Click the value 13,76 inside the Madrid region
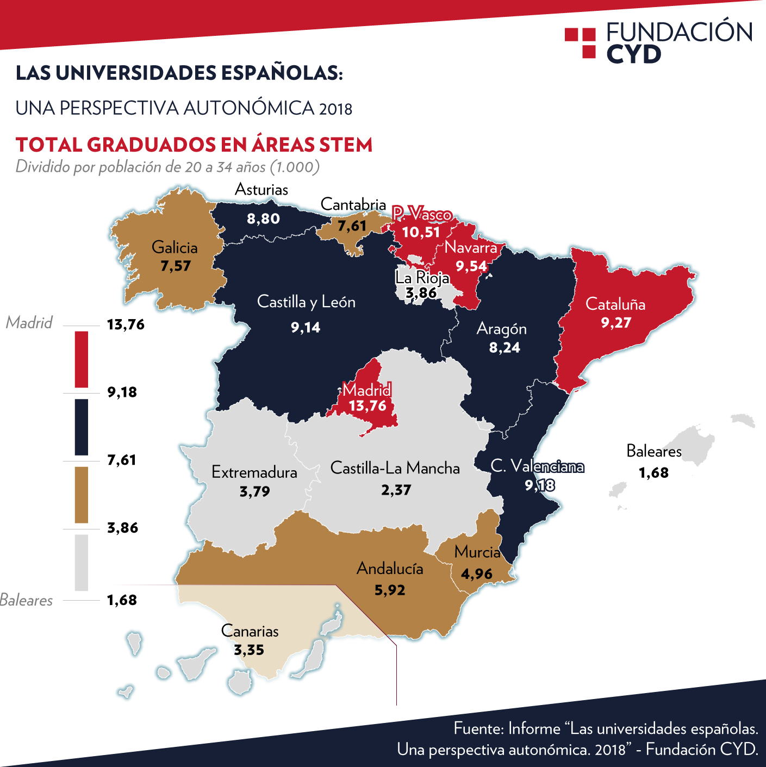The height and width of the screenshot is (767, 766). (368, 406)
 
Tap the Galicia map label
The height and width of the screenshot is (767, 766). (175, 248)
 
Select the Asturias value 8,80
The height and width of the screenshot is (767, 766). (263, 219)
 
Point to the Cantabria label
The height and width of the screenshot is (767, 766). (353, 204)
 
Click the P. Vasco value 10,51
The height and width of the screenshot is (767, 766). (420, 233)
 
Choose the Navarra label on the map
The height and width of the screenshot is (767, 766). (471, 248)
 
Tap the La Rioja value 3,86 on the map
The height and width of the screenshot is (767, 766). (421, 294)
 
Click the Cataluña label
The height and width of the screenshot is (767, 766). (615, 304)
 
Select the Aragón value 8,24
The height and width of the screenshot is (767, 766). (505, 348)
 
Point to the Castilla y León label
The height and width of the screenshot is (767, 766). (306, 302)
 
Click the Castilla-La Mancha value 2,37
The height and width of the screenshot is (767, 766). (396, 490)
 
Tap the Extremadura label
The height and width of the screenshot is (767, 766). (254, 472)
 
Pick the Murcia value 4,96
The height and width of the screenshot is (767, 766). (477, 574)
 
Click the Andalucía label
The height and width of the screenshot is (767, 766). (390, 569)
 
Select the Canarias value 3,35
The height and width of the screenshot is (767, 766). (249, 650)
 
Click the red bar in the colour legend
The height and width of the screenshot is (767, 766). (82, 359)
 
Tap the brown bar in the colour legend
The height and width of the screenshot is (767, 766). (82, 495)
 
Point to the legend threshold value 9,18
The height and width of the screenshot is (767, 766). (122, 392)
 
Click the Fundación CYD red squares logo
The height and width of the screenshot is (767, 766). (581, 43)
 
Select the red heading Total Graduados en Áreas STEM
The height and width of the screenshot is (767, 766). (194, 145)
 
